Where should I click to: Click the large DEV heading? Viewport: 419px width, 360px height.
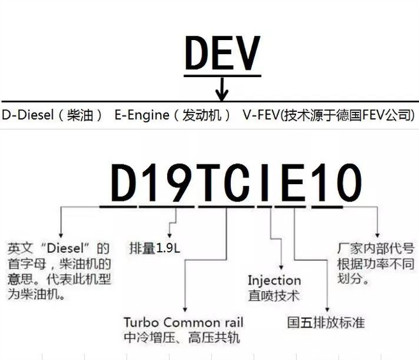coord(223,54)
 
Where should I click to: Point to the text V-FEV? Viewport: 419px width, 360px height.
coord(260,114)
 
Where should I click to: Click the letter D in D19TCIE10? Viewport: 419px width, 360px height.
coord(125,184)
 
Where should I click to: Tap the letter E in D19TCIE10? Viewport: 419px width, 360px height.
coord(293,184)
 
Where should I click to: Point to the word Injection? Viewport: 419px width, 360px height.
coord(274,280)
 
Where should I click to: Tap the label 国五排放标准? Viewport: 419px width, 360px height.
coord(316,324)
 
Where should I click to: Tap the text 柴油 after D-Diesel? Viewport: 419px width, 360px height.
coord(81,114)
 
